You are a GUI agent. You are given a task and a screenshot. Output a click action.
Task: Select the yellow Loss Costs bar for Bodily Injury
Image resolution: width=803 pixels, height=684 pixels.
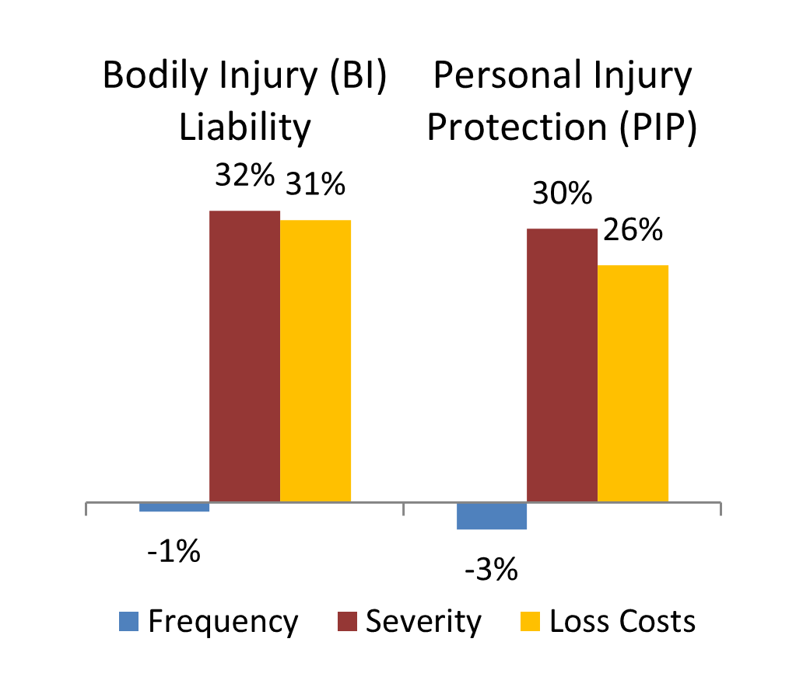[315, 361]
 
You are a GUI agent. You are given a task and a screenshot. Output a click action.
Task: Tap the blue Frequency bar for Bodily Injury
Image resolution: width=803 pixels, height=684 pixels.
[174, 507]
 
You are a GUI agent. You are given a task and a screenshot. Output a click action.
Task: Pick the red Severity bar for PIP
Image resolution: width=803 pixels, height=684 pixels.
[562, 365]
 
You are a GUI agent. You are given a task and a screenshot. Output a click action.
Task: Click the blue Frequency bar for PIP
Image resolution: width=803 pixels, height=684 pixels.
[492, 515]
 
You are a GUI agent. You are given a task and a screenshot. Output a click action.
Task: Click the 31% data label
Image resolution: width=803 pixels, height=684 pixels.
[315, 184]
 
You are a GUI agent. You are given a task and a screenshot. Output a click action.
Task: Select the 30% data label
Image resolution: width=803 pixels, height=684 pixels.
[562, 194]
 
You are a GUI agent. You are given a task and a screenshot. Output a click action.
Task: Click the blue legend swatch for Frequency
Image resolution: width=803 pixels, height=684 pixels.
[128, 622]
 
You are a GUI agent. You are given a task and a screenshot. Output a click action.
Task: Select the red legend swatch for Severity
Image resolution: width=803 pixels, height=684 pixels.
[346, 622]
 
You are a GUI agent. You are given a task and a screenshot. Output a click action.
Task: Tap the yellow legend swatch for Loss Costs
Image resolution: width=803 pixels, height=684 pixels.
[530, 622]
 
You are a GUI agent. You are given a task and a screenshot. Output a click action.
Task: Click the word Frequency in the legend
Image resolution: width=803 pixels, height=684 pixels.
[223, 623]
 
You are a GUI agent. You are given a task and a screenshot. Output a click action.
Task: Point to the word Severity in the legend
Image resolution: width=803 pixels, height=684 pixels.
[424, 623]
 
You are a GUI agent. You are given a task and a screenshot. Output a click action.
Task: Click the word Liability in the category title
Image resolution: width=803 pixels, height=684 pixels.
[245, 127]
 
